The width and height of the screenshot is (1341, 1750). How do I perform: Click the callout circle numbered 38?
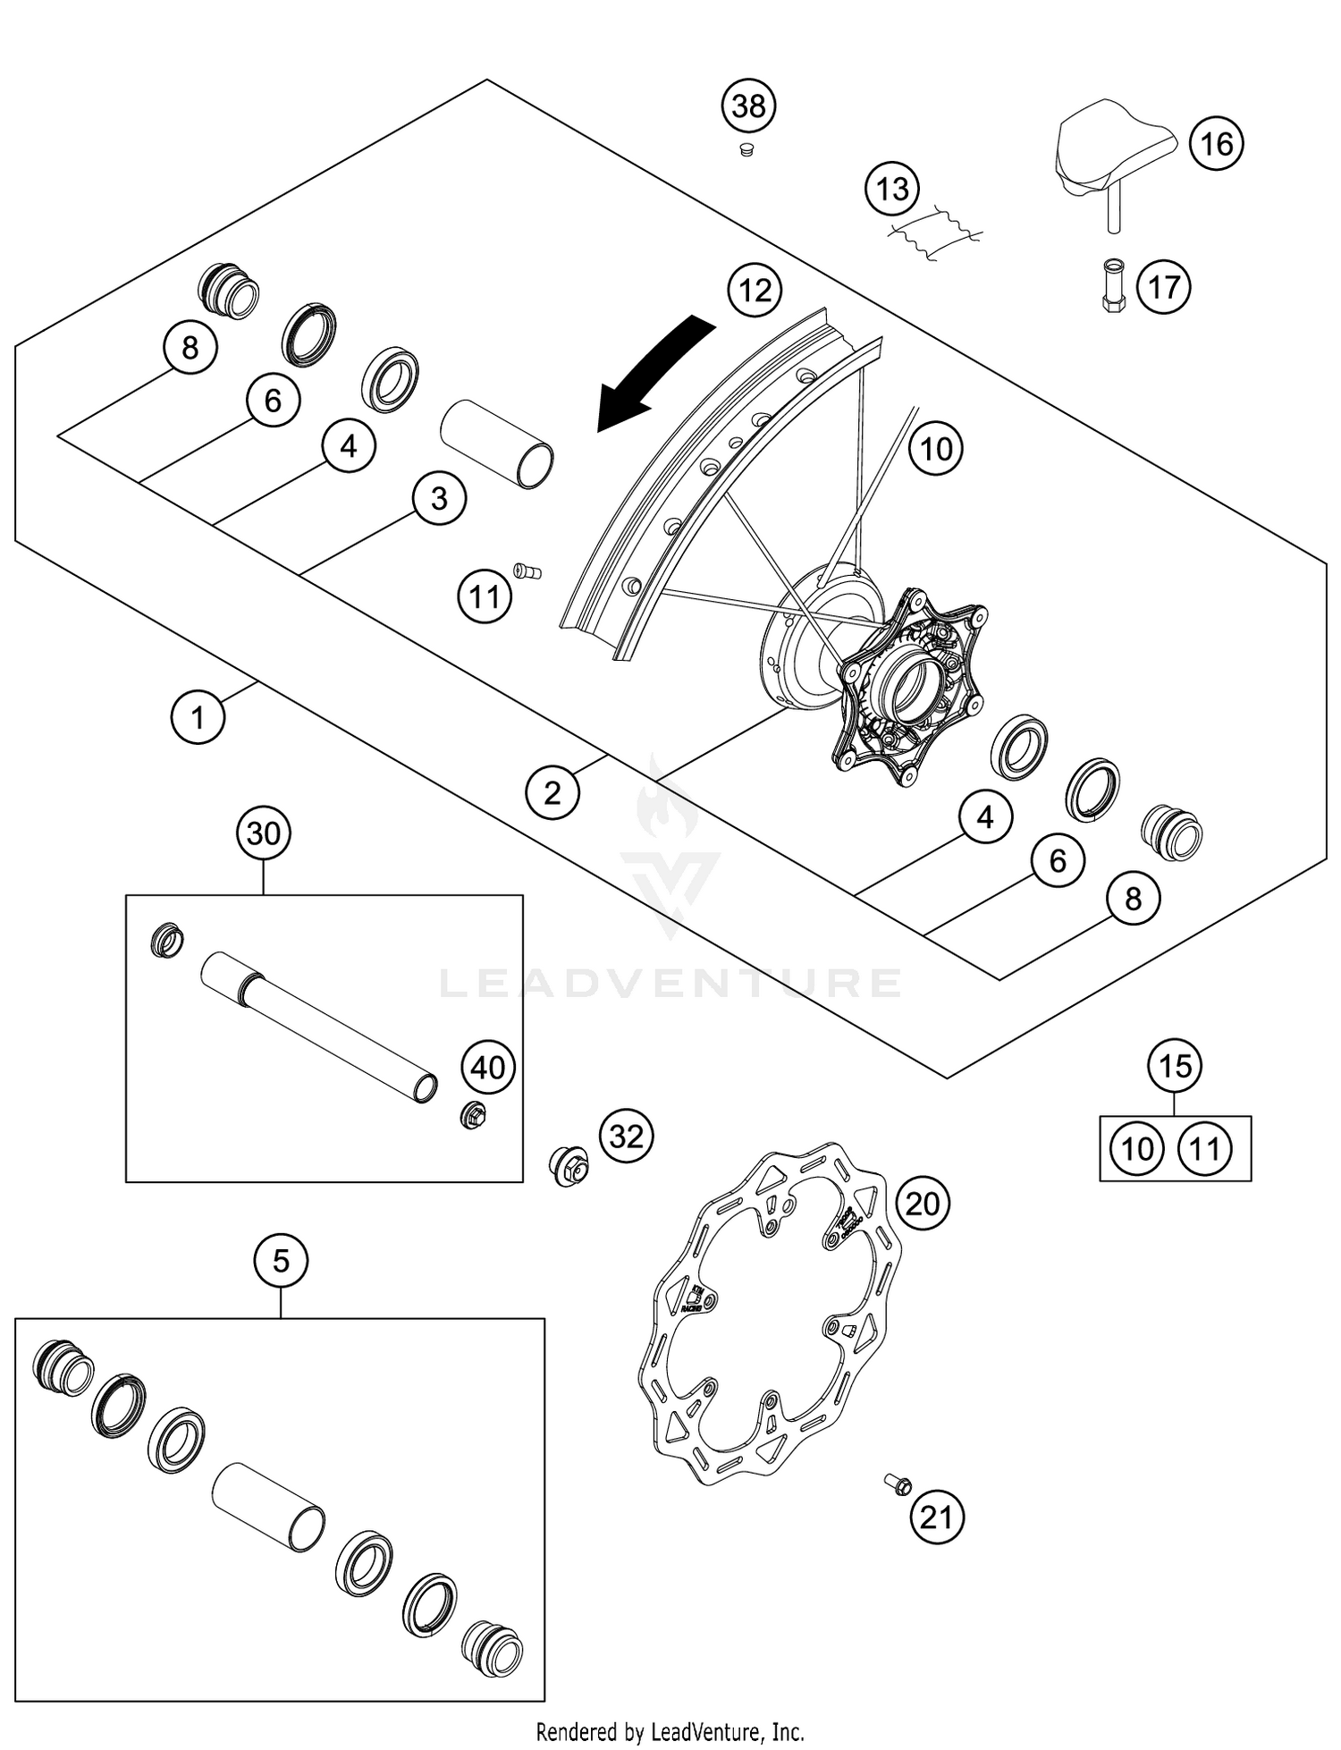click(x=748, y=106)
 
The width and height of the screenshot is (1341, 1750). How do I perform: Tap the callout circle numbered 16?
click(x=1216, y=143)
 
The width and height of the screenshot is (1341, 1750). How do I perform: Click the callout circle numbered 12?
click(x=755, y=290)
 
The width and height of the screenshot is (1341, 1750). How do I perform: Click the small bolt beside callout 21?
click(x=898, y=1484)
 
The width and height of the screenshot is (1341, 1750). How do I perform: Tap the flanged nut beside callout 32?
click(x=568, y=1165)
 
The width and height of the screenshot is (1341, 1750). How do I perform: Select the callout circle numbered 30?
click(x=264, y=833)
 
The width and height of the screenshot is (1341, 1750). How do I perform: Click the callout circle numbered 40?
click(x=488, y=1067)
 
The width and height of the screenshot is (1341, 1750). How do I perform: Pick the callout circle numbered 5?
click(x=281, y=1261)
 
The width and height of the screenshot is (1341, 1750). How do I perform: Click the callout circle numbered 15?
click(x=1175, y=1065)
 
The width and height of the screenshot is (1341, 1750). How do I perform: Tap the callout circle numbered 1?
click(x=198, y=717)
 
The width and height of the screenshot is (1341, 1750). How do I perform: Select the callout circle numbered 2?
click(x=552, y=792)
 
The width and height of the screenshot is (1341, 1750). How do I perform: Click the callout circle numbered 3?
click(x=439, y=498)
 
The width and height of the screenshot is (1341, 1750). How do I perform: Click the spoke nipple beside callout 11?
click(x=527, y=571)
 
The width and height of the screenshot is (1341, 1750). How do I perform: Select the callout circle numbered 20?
click(x=923, y=1204)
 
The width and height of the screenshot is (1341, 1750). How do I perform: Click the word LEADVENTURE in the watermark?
click(x=670, y=984)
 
